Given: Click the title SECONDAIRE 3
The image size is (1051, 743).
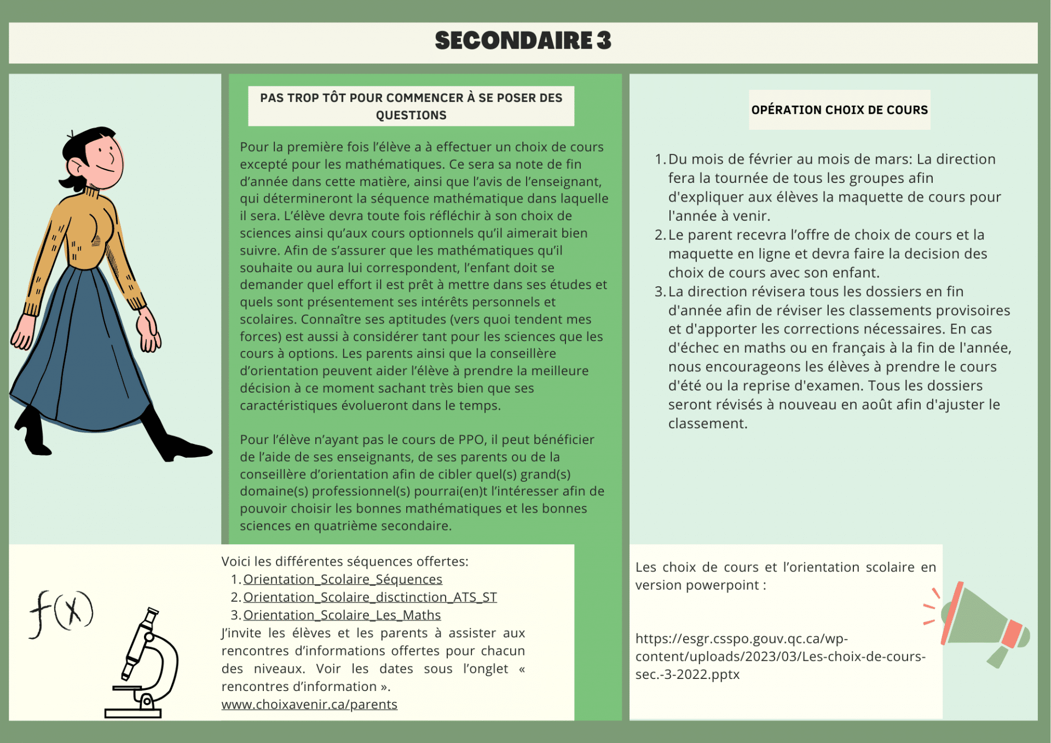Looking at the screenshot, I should [523, 41].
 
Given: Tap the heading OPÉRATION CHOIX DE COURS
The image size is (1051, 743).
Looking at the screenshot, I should [839, 110].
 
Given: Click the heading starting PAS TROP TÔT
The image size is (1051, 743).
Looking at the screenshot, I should [411, 106].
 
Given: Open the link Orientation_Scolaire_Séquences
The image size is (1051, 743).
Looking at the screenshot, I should [342, 579].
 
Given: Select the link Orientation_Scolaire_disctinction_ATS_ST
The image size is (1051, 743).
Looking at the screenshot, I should [369, 597].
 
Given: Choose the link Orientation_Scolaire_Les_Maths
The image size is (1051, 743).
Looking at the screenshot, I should [342, 615].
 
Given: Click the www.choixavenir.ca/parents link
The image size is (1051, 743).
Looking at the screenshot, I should [309, 705].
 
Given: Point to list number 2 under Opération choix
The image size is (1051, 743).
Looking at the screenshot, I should [660, 235].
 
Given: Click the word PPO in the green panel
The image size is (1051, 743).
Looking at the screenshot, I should [471, 440].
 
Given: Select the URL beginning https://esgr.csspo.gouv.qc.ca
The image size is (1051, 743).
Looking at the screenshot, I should [780, 656].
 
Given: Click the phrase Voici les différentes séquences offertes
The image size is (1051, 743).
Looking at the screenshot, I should [345, 562].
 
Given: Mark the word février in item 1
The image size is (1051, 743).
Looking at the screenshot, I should [767, 159].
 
